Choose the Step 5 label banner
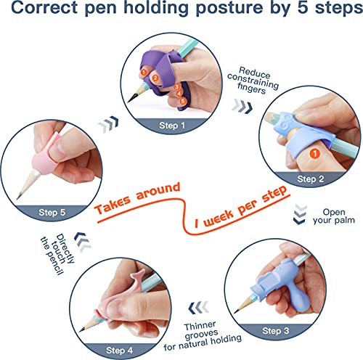(53, 212)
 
